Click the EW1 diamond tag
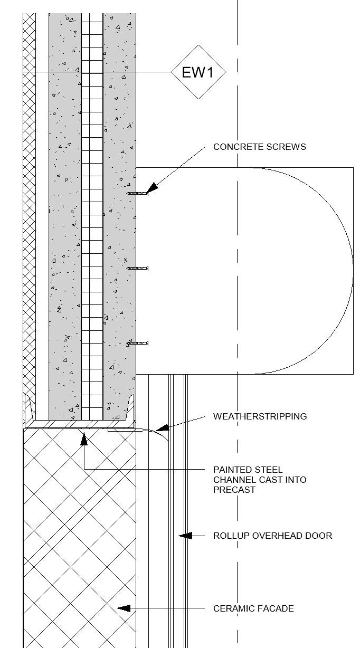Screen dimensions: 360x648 [198, 72]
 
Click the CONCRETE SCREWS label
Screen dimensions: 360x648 [259, 147]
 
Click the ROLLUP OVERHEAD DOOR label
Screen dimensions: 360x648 [272, 536]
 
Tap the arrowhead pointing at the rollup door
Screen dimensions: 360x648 [183, 536]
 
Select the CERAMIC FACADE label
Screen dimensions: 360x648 [253, 608]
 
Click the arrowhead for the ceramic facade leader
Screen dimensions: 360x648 [122, 608]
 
